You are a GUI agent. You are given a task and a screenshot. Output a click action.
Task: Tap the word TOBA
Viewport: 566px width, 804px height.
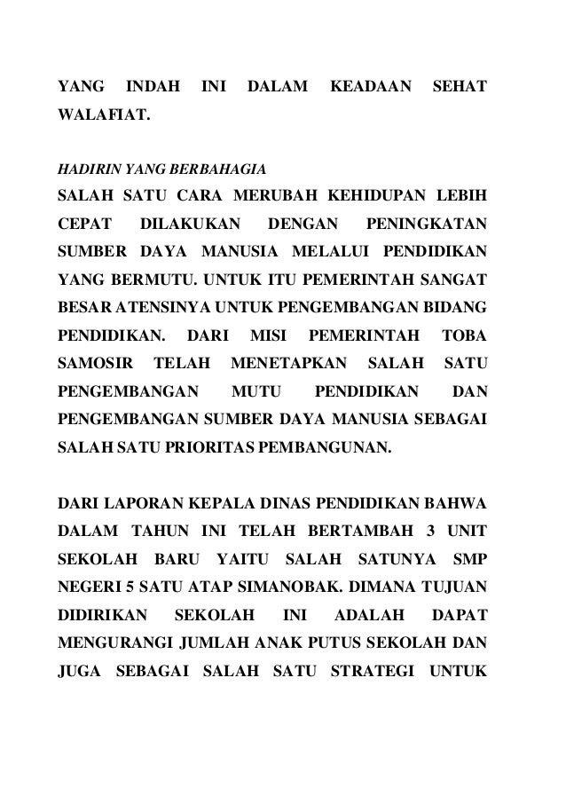468,338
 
